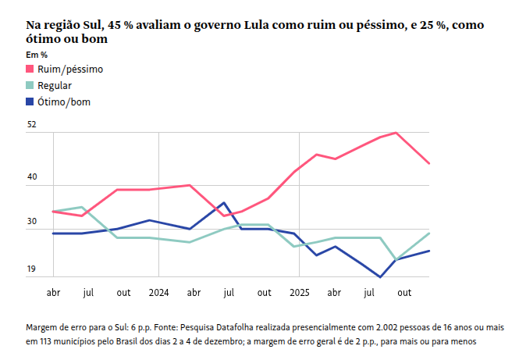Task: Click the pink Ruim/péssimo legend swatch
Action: tap(30, 70)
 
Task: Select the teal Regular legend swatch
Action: tap(30, 86)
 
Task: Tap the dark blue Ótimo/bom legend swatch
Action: tap(30, 102)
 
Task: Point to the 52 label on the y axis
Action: tap(32, 124)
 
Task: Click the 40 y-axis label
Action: tap(32, 176)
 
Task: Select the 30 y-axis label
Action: tap(32, 223)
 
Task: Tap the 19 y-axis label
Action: tap(32, 269)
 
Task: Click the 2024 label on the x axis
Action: tap(158, 292)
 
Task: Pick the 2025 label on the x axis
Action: tap(300, 292)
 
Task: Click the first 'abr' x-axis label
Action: tap(53, 292)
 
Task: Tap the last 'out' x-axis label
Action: tap(405, 292)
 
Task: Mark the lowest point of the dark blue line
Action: tap(380, 276)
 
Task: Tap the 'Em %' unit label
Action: tap(36, 55)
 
